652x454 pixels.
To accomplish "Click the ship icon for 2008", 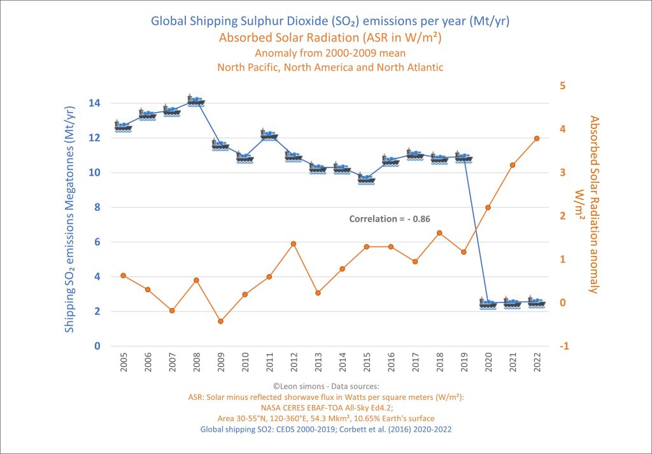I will tap(196, 101).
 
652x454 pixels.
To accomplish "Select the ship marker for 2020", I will tap(488, 303).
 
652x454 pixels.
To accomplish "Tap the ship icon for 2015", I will tap(366, 179).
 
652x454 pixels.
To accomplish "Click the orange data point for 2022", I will tap(537, 138).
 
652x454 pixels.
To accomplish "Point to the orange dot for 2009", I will tap(220, 321).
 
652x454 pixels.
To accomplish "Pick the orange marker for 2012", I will tap(294, 244).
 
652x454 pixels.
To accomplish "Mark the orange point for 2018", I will tap(439, 232).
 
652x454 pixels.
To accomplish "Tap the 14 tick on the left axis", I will tap(96, 103).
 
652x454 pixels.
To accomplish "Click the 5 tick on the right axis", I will tap(563, 86).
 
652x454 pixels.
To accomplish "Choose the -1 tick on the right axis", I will tap(563, 346).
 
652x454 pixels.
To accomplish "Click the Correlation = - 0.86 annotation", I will tap(390, 218).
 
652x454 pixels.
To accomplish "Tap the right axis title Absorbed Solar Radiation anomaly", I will tap(593, 204).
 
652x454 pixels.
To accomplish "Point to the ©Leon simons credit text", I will tap(325, 386).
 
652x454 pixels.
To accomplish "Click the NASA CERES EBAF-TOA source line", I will tap(325, 408).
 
